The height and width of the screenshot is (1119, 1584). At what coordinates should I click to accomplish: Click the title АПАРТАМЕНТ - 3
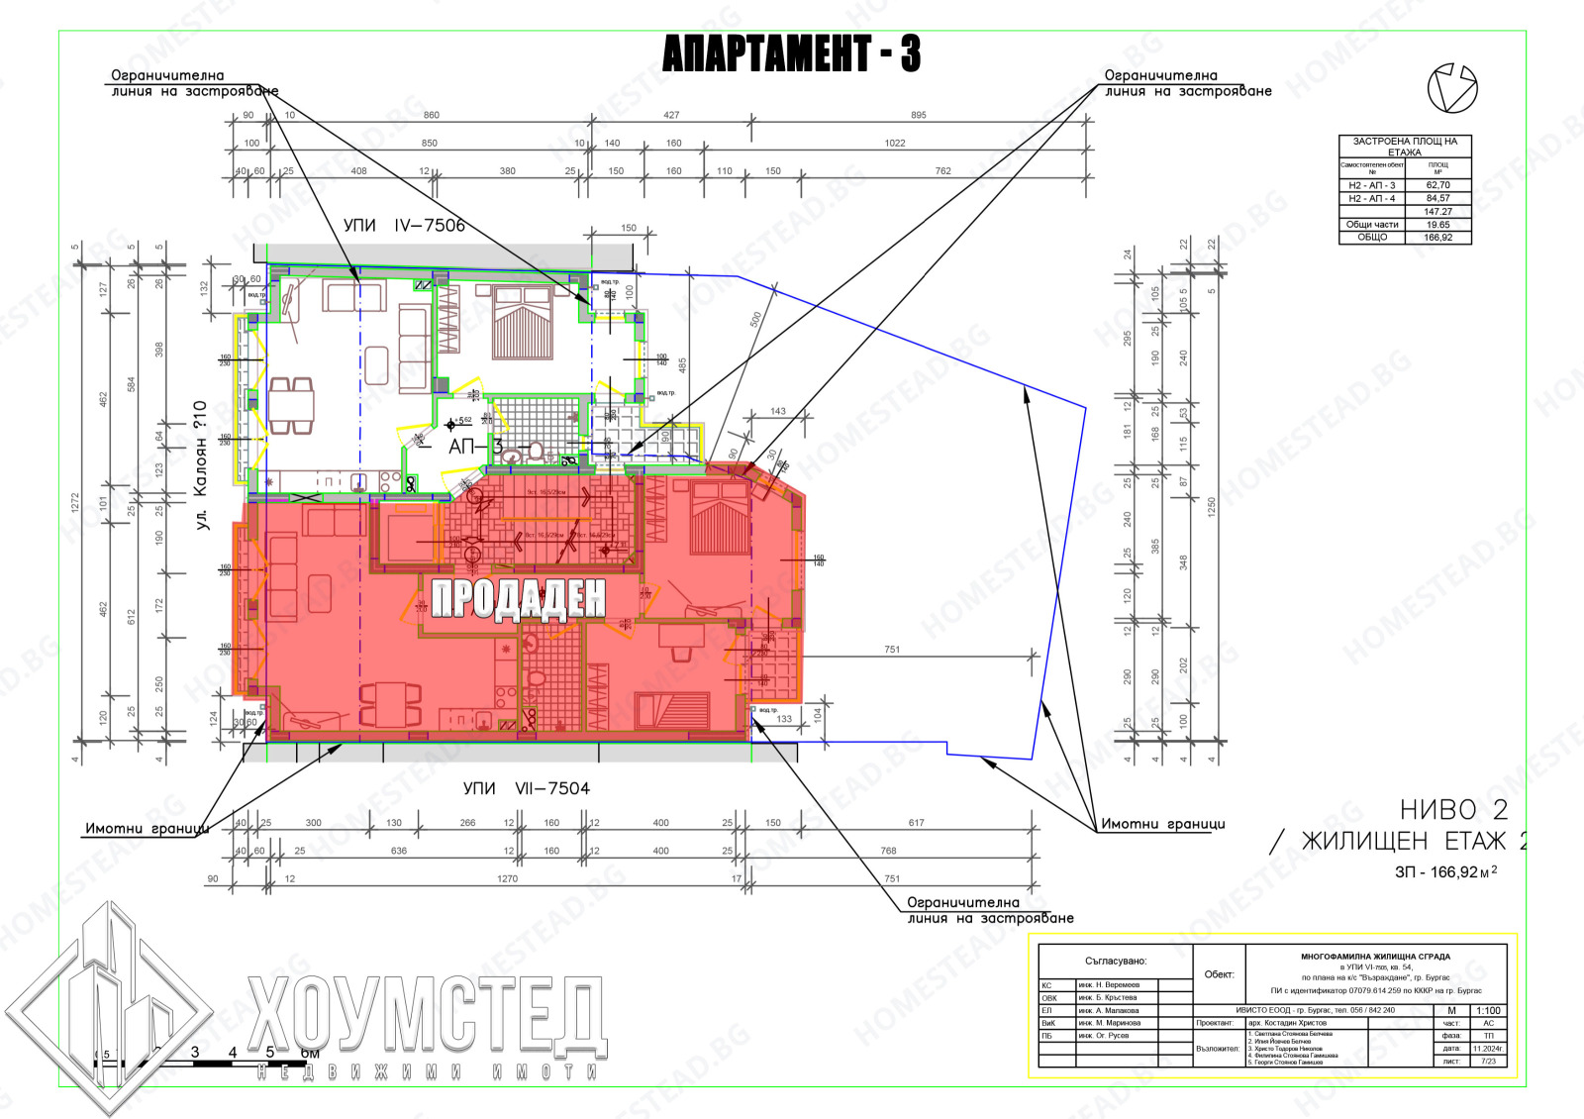791,53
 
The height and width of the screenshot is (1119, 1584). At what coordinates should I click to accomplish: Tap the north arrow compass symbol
1451,87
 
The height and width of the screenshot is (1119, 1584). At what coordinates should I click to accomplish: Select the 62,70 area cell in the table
1437,185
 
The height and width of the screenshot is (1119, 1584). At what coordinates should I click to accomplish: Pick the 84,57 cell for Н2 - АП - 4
1437,198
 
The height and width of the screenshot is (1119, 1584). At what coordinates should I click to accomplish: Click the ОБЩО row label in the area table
1371,238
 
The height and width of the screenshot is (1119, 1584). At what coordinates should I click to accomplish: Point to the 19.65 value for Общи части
1437,225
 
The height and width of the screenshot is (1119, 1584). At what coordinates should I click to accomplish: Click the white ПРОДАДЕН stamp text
518,599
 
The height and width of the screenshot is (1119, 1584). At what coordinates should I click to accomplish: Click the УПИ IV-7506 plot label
404,226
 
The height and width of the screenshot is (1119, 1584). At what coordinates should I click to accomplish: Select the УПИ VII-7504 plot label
526,788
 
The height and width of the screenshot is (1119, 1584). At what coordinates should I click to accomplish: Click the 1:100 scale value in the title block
1487,1011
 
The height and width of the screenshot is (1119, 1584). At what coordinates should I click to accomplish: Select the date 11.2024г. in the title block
1487,1049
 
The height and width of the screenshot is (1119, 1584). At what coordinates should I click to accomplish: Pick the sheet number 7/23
1487,1062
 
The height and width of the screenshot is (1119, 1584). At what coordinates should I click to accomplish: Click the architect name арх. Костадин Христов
1287,1024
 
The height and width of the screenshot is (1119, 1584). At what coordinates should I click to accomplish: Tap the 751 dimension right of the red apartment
892,650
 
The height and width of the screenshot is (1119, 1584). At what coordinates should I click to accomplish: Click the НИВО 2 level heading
1453,810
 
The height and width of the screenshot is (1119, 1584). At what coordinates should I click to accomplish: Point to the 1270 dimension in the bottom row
507,878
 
